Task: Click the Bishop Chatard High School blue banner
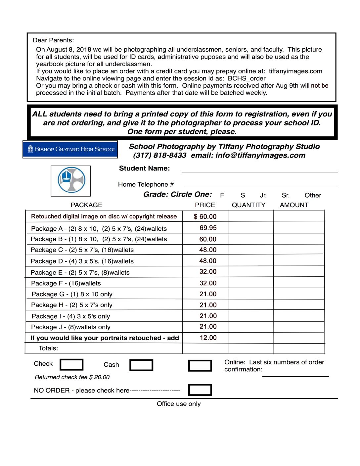70,149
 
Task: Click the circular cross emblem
71,180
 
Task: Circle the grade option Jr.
263,195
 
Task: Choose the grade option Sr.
286,195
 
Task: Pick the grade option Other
313,195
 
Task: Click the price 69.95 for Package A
208,228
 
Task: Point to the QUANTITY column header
248,205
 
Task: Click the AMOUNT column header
294,205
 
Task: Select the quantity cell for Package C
251,250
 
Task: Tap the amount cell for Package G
298,294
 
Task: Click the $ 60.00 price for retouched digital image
205,216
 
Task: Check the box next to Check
71,364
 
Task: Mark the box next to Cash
141,365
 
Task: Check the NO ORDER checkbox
200,390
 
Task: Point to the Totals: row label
48,348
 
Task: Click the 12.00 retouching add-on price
208,338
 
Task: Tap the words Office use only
179,404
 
